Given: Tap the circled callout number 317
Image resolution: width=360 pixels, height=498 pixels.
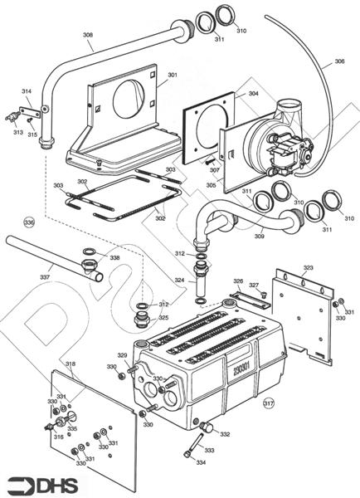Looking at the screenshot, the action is pos(269,403).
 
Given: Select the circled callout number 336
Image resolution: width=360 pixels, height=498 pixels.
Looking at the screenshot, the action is pos(29,222).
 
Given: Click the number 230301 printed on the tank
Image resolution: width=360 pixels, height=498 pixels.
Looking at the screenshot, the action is pos(241,369).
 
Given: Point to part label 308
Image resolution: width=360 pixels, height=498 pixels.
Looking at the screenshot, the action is pos(88,35).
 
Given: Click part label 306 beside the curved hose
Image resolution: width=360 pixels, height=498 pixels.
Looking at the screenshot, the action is pos(339,61).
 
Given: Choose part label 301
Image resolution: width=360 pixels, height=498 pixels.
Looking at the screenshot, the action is pos(173,75).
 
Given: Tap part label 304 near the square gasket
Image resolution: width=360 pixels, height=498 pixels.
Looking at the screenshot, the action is pos(253,93).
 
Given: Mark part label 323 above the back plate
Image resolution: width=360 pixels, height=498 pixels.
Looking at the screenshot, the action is pos(308,268).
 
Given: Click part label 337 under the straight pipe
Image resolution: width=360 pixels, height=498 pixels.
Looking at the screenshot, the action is pos(45,277).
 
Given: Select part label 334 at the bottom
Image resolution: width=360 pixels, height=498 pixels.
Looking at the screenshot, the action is pos(201,462).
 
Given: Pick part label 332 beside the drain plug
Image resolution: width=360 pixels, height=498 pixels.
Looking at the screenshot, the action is pos(225,434).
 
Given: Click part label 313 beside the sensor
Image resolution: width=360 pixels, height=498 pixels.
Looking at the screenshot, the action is pos(18,132).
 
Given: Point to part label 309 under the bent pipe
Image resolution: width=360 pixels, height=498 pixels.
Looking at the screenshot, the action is pos(259,237).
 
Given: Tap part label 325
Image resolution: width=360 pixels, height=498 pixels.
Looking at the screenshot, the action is pos(163,318).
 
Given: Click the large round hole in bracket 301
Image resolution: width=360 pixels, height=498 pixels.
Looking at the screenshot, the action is pos(129,99).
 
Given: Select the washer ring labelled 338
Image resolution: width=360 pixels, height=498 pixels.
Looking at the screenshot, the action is pos(90,252).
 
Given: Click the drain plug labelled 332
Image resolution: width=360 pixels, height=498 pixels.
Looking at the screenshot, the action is pos(207,427).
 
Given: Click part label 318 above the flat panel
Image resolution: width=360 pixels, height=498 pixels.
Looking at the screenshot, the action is pos(71,364).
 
